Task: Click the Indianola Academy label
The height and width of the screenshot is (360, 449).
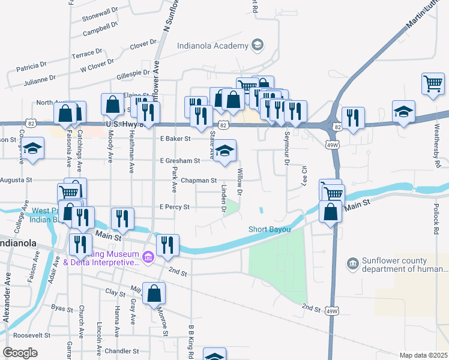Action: (x=212, y=46)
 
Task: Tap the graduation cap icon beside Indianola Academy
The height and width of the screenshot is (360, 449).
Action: (x=257, y=46)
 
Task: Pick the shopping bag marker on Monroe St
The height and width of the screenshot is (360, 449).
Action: (x=154, y=293)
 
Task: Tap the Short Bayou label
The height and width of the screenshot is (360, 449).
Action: (x=270, y=230)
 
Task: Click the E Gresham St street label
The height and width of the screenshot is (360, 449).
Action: (x=179, y=161)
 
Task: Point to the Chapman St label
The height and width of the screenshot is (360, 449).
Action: (x=199, y=180)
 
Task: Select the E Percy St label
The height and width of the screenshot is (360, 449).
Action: (x=174, y=207)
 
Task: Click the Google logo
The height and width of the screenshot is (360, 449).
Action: (x=20, y=352)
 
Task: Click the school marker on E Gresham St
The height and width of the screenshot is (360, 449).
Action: (x=225, y=152)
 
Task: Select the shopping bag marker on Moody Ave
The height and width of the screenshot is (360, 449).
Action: (x=112, y=105)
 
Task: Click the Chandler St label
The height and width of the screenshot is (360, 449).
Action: (x=121, y=351)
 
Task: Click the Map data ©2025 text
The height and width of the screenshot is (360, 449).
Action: (x=423, y=355)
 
